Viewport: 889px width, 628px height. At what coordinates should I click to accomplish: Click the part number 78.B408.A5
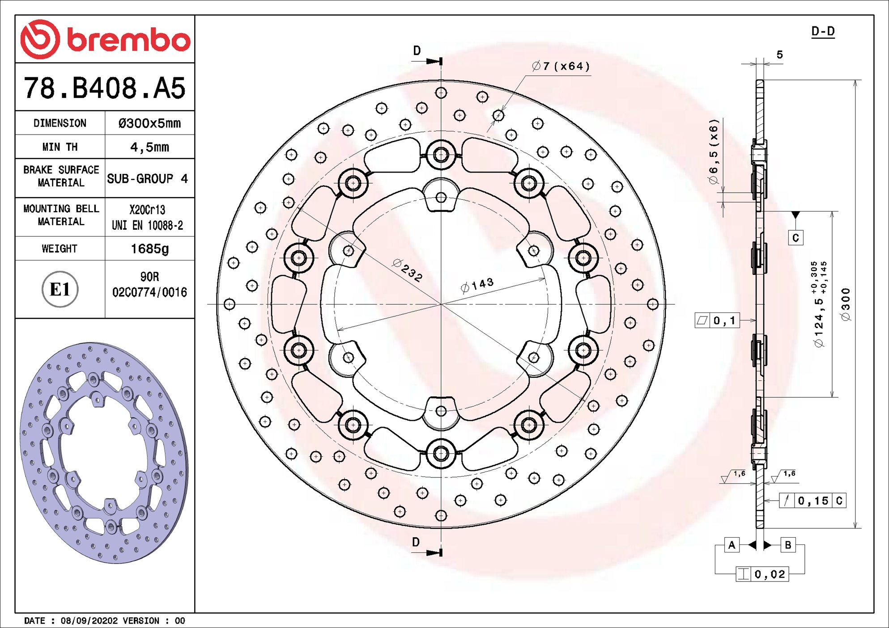click(104, 88)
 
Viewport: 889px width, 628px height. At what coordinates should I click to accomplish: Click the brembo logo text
click(128, 40)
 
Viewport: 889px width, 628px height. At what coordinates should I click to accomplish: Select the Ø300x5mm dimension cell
click(149, 123)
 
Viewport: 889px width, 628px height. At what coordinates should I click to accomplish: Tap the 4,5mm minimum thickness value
click(149, 147)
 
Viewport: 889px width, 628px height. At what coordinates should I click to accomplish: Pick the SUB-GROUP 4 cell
click(147, 179)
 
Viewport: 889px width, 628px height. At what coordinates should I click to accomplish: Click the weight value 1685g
click(149, 249)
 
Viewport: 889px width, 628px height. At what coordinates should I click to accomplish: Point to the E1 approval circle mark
click(60, 289)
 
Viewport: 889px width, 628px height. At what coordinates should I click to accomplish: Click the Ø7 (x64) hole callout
click(561, 67)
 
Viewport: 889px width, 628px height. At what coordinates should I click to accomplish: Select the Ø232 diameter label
click(407, 270)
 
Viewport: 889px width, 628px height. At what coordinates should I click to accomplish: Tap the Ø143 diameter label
click(477, 285)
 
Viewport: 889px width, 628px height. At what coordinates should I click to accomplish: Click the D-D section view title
click(823, 31)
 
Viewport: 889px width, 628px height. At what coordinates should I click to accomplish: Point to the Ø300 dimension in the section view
click(845, 304)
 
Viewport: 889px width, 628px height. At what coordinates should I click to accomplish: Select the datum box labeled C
click(795, 237)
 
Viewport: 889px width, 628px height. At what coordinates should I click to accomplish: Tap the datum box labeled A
click(732, 545)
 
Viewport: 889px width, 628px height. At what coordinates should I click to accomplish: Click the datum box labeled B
click(788, 545)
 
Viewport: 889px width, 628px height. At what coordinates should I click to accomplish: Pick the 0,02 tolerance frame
click(762, 574)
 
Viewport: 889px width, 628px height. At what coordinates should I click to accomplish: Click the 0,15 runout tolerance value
click(813, 501)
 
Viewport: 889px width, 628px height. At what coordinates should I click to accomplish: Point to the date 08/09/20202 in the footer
click(89, 620)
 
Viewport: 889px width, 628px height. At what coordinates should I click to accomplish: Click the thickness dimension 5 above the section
click(779, 55)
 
